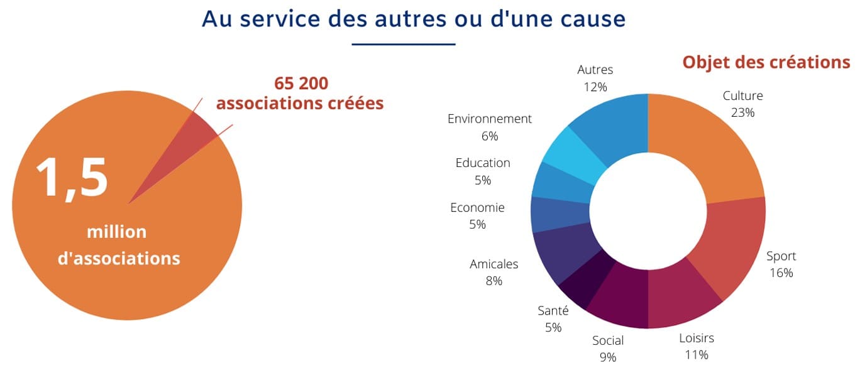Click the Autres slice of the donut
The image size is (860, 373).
(x=613, y=126)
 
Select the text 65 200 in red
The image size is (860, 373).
(x=301, y=84)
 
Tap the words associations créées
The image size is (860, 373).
(x=300, y=103)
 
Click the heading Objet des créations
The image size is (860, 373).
(x=766, y=62)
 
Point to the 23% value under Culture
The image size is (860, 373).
(x=742, y=112)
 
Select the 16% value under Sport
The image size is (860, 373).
(x=781, y=273)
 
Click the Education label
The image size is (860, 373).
(x=483, y=163)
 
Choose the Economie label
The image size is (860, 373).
(x=477, y=207)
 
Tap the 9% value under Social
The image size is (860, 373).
(x=608, y=357)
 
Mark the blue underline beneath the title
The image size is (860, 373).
(x=403, y=44)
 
